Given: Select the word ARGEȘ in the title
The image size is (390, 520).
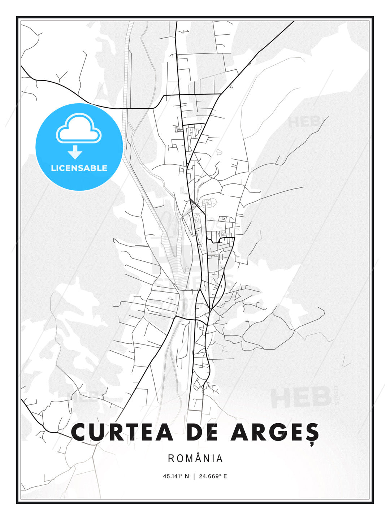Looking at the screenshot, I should pos(274,432).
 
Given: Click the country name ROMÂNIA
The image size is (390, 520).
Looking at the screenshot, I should pos(195,459).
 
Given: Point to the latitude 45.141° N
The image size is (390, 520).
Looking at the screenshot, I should pos(176,476).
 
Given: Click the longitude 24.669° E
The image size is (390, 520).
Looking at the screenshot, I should pos(213,476).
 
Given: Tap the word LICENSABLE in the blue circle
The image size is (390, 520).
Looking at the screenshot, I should pos(79,168).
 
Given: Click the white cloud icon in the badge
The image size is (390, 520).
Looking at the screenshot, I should pos(79,129).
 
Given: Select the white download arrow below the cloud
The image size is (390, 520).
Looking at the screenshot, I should pos(75,152).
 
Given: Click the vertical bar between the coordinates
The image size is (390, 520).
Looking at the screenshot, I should pos(195,476).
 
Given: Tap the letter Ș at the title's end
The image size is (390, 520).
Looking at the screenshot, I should pos(311,433).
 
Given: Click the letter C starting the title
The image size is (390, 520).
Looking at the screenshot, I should pos(80,432).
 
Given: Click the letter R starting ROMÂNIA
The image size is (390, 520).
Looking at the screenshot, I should pos(171,459).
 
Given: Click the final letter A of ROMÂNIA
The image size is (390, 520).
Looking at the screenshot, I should pos(220,459).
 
